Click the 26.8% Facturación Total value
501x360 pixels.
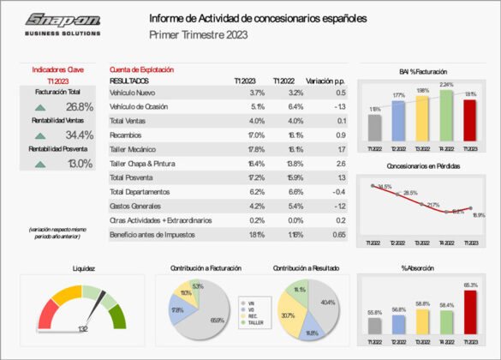79,107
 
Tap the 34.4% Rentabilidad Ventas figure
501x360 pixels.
79,135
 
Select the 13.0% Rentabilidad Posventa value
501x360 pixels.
79,164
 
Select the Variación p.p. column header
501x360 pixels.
325,79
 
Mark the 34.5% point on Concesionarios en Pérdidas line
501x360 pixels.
373,184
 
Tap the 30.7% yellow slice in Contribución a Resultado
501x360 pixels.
289,318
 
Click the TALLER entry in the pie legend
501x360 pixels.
253,323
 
